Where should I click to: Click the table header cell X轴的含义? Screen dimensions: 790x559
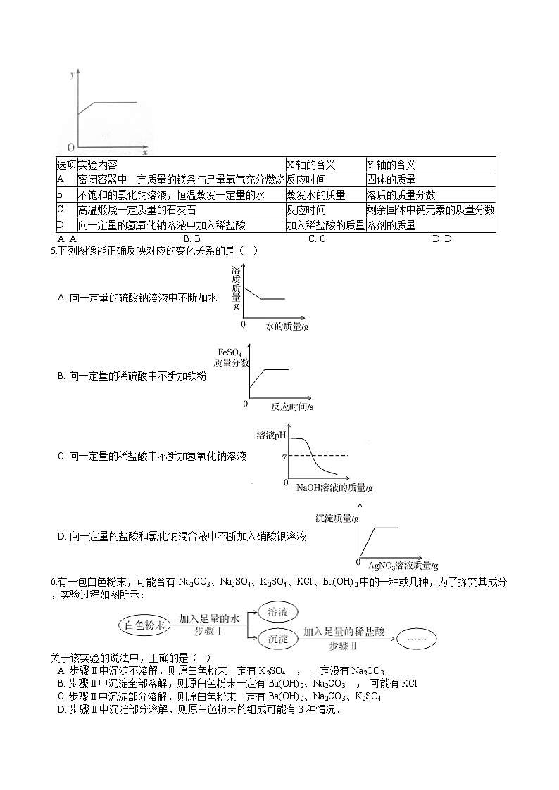point(310,165)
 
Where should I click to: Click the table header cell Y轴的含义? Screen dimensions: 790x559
point(391,165)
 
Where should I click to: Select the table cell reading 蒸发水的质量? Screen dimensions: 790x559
point(315,195)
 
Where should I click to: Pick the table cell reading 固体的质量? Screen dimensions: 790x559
point(391,180)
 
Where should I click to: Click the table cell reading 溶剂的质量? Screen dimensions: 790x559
point(391,225)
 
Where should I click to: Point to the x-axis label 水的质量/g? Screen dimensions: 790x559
point(287,326)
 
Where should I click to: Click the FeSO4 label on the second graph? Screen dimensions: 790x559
point(230,352)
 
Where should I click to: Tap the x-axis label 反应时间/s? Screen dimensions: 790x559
point(292,406)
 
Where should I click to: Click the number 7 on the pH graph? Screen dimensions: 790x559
point(283,457)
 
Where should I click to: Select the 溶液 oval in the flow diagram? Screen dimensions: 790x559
point(278,612)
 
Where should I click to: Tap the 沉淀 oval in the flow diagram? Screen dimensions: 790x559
point(278,638)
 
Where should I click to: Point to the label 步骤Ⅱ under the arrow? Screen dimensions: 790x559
point(344,645)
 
